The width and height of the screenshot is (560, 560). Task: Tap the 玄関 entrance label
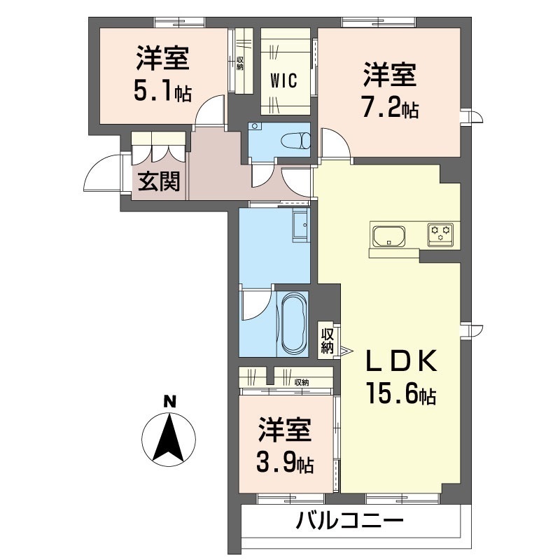158,183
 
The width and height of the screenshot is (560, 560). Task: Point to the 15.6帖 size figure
400,395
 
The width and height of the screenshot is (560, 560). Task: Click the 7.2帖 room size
390,108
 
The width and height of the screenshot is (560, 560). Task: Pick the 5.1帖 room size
162,92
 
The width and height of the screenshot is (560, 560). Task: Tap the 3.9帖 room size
284,463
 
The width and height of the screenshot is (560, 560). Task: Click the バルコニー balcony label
349,521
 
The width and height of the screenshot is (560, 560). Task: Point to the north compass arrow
169,438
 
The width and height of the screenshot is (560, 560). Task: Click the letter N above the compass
169,402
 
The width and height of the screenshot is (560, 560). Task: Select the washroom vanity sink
300,225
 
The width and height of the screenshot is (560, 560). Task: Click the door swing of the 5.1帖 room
209,112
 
